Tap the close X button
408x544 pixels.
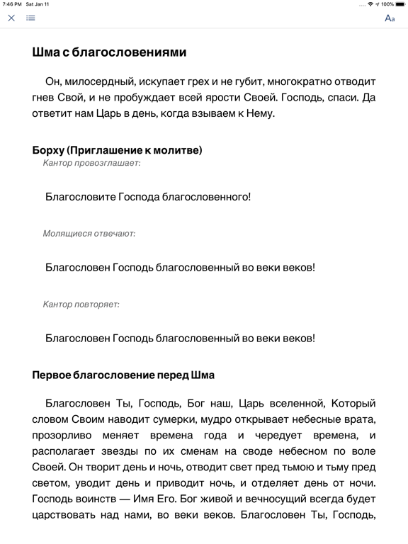click(11, 18)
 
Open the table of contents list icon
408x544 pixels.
click(30, 18)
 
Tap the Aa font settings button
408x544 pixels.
click(390, 18)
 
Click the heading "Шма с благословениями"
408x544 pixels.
click(110, 52)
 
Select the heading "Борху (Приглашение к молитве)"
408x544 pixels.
click(118, 150)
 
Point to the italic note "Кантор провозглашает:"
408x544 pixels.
click(91, 163)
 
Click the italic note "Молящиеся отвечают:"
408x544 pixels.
click(89, 233)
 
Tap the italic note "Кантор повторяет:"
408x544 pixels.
click(81, 304)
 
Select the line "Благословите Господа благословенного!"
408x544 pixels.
click(147, 197)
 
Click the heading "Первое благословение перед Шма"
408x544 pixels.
click(123, 375)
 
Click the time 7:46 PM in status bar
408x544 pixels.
click(12, 4)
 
